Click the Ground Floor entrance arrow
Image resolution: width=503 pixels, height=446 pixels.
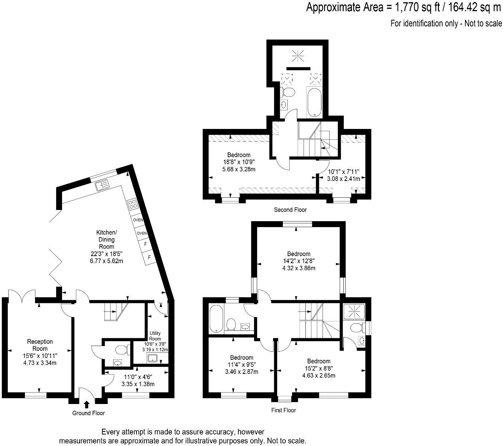87,404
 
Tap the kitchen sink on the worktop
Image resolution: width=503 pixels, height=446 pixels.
102,185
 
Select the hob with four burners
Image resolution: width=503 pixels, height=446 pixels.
132,204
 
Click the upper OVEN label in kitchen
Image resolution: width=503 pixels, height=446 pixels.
138,220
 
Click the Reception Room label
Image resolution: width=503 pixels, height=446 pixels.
40,345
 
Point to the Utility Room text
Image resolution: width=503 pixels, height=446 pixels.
155,336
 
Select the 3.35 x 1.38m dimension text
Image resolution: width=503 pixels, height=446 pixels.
138,384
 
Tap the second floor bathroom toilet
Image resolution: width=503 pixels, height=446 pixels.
288,91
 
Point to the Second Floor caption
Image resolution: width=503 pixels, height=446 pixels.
290,210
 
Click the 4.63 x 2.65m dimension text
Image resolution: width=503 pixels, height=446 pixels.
319,375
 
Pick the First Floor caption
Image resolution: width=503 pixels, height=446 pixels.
283,410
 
